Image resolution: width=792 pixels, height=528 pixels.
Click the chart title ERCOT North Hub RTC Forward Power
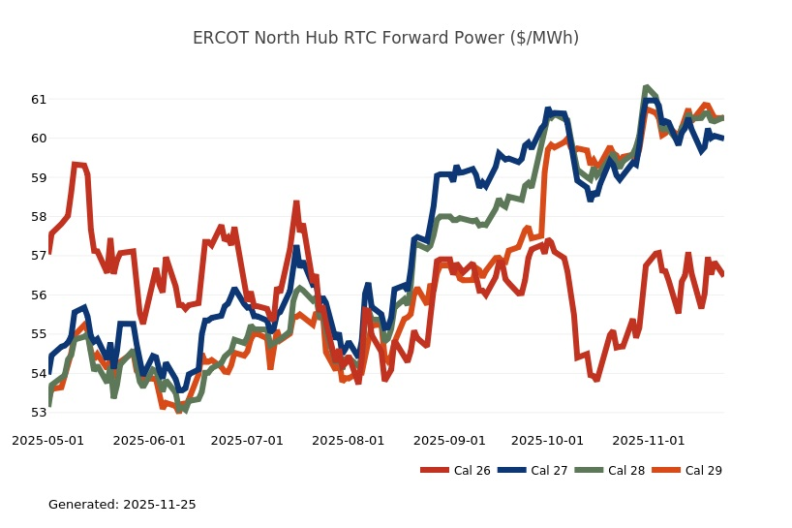click(x=385, y=38)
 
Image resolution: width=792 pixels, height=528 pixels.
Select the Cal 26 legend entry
click(x=455, y=471)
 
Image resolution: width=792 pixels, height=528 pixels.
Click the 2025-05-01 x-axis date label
click(x=47, y=440)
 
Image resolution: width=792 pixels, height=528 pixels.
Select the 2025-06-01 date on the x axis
click(x=149, y=440)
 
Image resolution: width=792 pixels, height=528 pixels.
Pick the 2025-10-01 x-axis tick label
click(x=548, y=440)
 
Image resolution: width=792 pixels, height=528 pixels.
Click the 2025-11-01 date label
click(x=649, y=440)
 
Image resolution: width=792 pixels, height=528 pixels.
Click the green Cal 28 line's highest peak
click(x=646, y=88)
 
